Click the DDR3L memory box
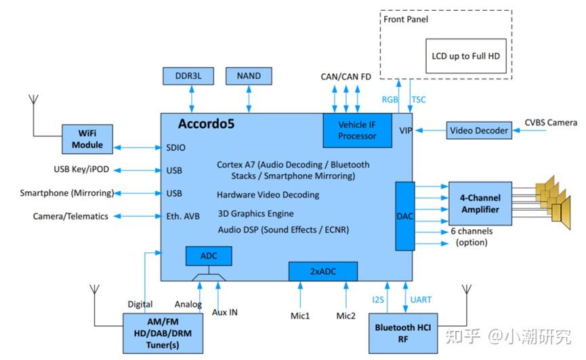(188, 76)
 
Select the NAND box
(249, 76)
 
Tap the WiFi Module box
(87, 139)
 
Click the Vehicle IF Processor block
(357, 130)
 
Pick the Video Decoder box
(479, 130)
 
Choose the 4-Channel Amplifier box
(480, 203)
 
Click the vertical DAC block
(404, 216)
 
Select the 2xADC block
(323, 271)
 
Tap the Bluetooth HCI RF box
(403, 333)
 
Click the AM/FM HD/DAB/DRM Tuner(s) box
(163, 333)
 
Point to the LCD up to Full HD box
(465, 56)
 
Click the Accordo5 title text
(207, 123)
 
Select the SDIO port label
(175, 148)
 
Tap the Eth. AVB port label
(183, 216)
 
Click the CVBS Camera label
(551, 123)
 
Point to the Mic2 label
(346, 316)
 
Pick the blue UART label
(421, 300)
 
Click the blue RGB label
(390, 100)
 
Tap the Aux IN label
(225, 312)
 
